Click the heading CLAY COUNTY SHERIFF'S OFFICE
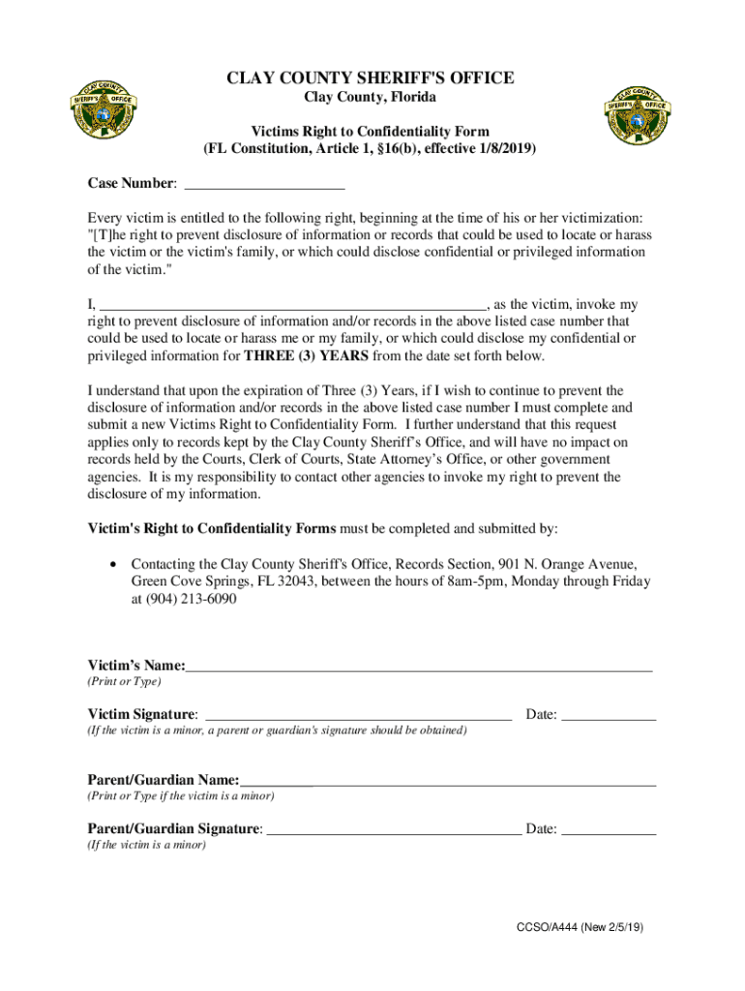(371, 78)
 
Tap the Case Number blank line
(264, 185)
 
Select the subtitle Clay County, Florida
(371, 98)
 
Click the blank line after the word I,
(293, 305)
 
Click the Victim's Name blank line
(419, 667)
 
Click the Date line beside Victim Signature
(609, 715)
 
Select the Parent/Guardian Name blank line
(448, 781)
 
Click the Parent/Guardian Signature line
(393, 829)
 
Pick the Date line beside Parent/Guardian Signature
(609, 829)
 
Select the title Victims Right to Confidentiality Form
(371, 132)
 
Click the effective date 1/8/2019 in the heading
(501, 150)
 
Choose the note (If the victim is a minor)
(147, 845)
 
